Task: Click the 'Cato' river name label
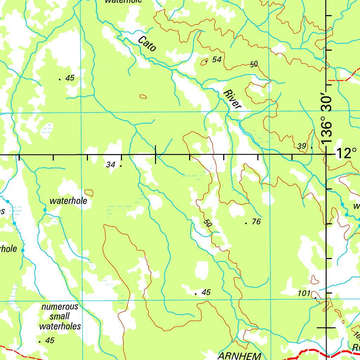point(147,44)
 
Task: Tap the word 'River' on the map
point(232,99)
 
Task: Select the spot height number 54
point(217,60)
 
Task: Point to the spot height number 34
point(111,164)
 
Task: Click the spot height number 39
point(302,146)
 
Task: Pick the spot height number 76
point(256,222)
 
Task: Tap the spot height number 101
point(304,293)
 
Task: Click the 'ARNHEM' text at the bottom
point(240,355)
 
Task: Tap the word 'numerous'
point(60,307)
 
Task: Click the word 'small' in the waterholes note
point(60,316)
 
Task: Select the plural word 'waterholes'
point(60,326)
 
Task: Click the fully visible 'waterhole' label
point(68,201)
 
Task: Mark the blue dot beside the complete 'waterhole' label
point(45,210)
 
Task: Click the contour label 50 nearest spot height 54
point(254,64)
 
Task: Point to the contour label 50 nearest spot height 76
point(208,223)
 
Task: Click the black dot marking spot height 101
point(315,298)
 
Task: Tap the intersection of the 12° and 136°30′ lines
point(327,154)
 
